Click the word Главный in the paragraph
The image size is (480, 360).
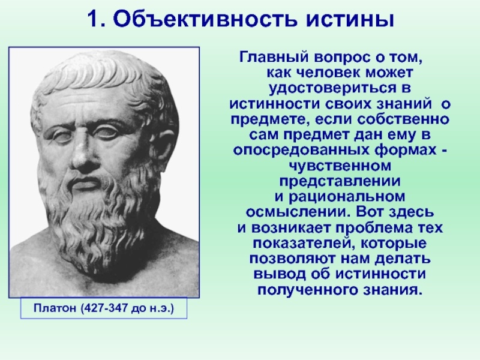tap(271, 59)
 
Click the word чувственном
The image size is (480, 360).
tap(340, 164)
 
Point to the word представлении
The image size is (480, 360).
tap(340, 180)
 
